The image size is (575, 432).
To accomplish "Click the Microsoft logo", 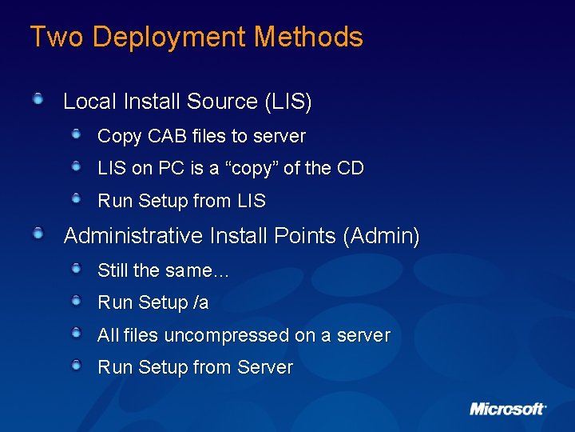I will pyautogui.click(x=507, y=409).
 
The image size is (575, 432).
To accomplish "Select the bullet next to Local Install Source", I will pyautogui.click(x=38, y=99).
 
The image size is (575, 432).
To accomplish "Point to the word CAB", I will pyautogui.click(x=165, y=136).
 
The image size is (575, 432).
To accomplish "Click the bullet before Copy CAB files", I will pyautogui.click(x=76, y=134).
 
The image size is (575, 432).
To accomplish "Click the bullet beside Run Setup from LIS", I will pyautogui.click(x=76, y=198).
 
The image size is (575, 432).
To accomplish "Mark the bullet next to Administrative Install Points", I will pyautogui.click(x=38, y=234).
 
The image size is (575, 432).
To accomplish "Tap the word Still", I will pyautogui.click(x=113, y=270).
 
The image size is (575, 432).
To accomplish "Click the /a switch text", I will pyautogui.click(x=200, y=302).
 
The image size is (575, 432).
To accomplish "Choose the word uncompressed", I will pyautogui.click(x=226, y=336).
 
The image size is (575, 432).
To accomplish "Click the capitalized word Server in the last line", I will pyautogui.click(x=264, y=367).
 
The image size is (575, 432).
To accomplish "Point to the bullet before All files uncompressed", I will pyautogui.click(x=76, y=333).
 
